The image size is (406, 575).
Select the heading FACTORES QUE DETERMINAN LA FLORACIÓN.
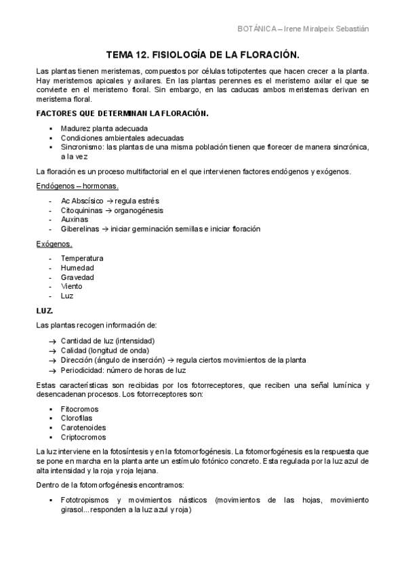tap(122, 113)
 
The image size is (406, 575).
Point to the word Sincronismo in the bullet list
tap(83, 147)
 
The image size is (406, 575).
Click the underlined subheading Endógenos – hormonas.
tap(77, 186)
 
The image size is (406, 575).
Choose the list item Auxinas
tap(74, 220)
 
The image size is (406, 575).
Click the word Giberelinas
tap(81, 229)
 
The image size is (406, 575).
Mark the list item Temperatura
tap(82, 258)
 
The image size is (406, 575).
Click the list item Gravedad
tap(77, 277)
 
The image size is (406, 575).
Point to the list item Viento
tap(72, 287)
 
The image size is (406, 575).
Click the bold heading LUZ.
tap(44, 311)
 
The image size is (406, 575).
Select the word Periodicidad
tap(83, 370)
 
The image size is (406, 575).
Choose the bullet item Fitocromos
tap(79, 409)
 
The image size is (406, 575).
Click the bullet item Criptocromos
tap(83, 437)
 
